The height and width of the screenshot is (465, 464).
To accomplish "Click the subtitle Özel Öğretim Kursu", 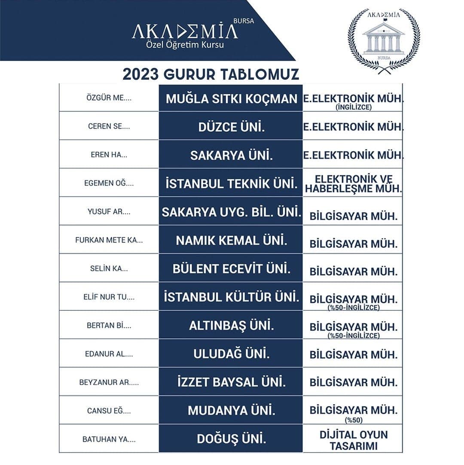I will tap(185, 44).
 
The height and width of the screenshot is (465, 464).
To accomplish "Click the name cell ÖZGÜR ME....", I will tap(109, 98).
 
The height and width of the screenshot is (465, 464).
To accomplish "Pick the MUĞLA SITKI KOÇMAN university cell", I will tap(231, 98).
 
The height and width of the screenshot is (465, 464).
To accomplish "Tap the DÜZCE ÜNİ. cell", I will tap(231, 127).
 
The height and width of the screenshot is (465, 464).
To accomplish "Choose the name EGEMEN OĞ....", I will tap(109, 183).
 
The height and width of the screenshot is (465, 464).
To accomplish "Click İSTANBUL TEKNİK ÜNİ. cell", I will tap(231, 184).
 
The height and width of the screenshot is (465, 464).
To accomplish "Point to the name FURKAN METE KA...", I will tap(109, 240).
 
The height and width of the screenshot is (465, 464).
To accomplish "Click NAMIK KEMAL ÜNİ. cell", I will tap(231, 240).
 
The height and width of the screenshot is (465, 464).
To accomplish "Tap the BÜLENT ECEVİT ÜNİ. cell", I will tap(231, 269).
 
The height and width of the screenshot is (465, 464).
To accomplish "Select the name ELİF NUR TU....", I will tap(109, 297).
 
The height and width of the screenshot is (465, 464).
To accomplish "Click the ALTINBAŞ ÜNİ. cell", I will tap(231, 325).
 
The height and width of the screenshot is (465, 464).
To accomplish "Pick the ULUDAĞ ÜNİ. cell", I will tap(231, 354).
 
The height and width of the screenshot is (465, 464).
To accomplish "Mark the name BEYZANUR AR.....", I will tap(109, 382).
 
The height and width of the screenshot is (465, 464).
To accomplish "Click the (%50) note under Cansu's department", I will tap(354, 420).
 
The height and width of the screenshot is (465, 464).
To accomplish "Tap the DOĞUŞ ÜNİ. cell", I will tap(231, 439).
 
